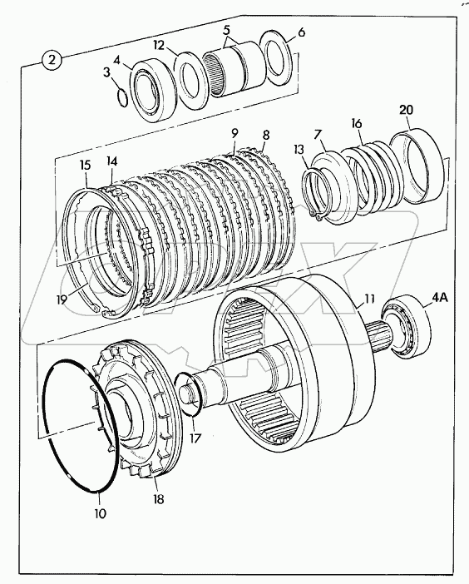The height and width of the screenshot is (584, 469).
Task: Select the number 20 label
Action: pyautogui.click(x=405, y=111)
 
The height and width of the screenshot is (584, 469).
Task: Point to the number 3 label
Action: pyautogui.click(x=107, y=72)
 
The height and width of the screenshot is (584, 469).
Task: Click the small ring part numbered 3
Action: pyautogui.click(x=122, y=97)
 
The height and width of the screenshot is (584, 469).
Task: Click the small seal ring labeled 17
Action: pyautogui.click(x=189, y=393)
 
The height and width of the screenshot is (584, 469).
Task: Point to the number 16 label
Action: pyautogui.click(x=357, y=123)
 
